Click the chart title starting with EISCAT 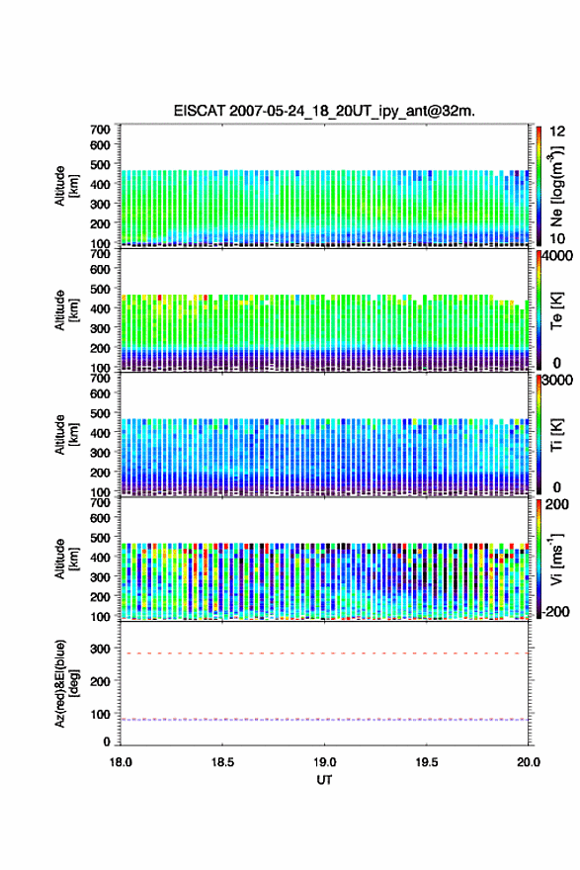324,111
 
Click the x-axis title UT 324,780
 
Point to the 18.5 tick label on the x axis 222,762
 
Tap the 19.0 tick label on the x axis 324,762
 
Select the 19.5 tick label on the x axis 427,762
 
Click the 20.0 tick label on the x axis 529,762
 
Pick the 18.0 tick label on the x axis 121,762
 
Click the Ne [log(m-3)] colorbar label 556,187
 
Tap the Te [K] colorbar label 556,310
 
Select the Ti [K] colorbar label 556,434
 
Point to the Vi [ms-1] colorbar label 556,559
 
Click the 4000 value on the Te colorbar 558,257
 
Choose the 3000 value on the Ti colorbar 558,381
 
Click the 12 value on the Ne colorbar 558,131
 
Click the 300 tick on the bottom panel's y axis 101,649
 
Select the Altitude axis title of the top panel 66,187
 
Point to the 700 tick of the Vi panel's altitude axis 101,502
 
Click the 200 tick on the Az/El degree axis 101,681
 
